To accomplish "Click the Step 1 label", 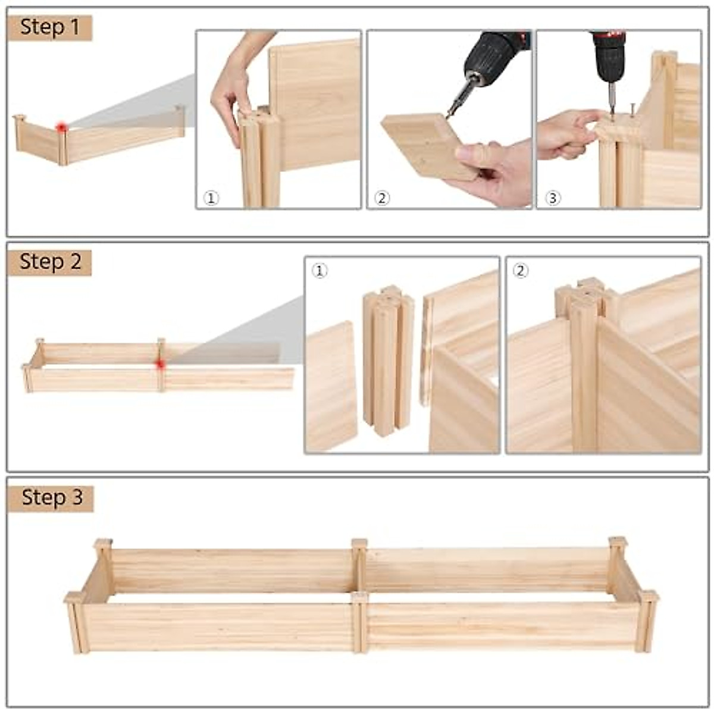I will click(x=49, y=27).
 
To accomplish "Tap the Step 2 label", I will click(x=49, y=262).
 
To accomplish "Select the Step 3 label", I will click(x=51, y=497).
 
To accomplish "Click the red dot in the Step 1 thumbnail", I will click(x=61, y=127).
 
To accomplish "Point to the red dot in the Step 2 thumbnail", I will click(x=160, y=364).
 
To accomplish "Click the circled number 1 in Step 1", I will click(x=211, y=198).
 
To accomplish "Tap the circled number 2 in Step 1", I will click(x=383, y=198).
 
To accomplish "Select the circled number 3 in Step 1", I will click(x=553, y=198).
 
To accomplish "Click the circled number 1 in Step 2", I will click(x=320, y=271).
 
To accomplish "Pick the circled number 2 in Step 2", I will click(x=521, y=271).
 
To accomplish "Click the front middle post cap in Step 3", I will click(x=359, y=596).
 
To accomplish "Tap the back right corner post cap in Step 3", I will click(x=617, y=542).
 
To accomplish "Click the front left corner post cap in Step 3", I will click(x=75, y=597).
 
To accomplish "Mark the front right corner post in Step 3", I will click(x=646, y=622).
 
